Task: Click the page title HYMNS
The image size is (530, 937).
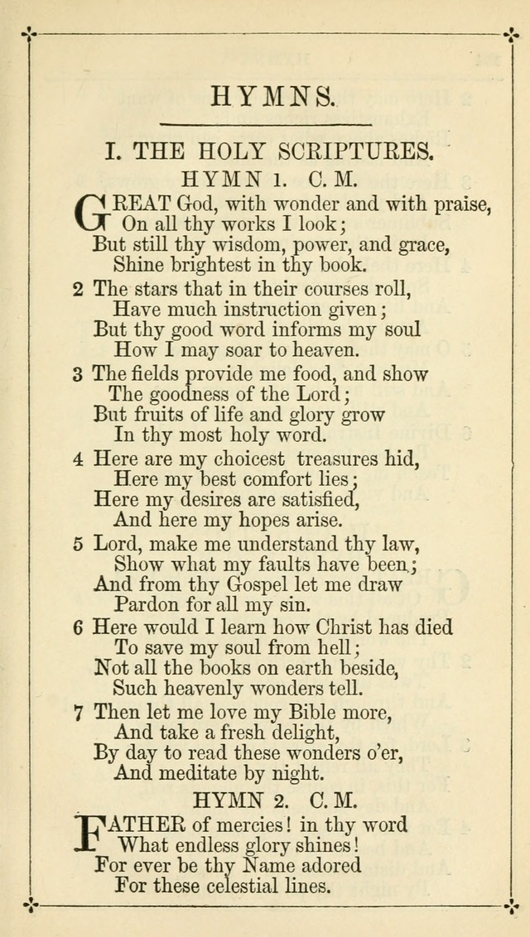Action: [273, 98]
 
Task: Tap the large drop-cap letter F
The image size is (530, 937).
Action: [91, 834]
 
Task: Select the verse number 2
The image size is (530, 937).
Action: [78, 290]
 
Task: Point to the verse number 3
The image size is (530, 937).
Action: [78, 374]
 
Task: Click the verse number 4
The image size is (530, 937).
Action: [78, 459]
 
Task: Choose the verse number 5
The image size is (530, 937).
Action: [78, 545]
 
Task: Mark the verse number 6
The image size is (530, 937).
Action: [78, 627]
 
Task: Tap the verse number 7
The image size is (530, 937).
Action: [78, 712]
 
